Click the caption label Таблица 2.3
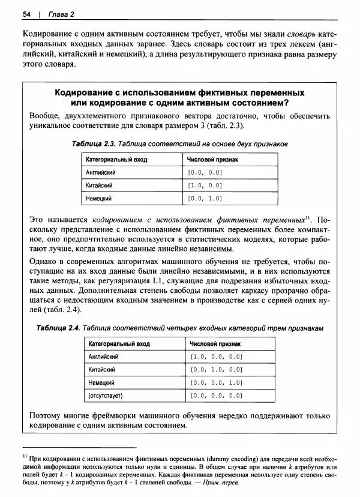pyautogui.click(x=92, y=144)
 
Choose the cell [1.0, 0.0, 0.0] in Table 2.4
pyautogui.click(x=216, y=356)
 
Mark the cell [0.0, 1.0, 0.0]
pyautogui.click(x=216, y=369)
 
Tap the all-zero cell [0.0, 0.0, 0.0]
pyautogui.click(x=216, y=396)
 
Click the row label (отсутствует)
pyautogui.click(x=106, y=396)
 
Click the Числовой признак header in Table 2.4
pyautogui.click(x=215, y=343)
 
